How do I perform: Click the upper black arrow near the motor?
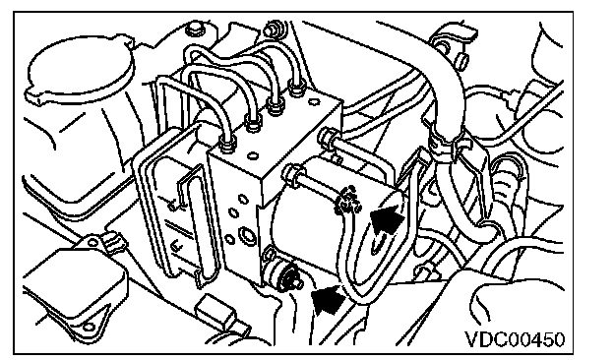[387, 220]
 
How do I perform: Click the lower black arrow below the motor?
[328, 299]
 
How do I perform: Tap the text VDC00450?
[515, 339]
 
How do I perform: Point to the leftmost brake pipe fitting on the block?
[226, 143]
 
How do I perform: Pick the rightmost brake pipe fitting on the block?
[296, 87]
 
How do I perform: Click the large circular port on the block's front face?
[248, 235]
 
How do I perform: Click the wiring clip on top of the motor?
[347, 200]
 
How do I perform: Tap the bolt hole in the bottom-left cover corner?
[89, 328]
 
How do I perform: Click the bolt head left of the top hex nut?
[195, 29]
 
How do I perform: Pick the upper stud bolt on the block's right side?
[327, 136]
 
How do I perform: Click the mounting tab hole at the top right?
[442, 48]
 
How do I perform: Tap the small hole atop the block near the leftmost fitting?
[254, 155]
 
